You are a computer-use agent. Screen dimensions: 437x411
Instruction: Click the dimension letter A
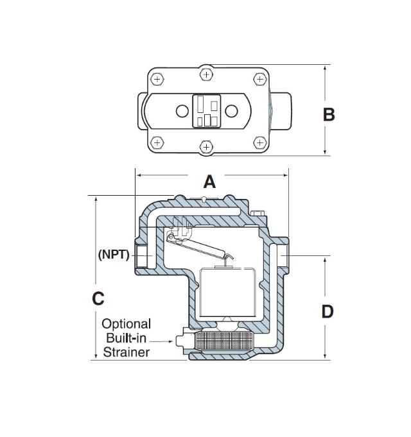coord(210,182)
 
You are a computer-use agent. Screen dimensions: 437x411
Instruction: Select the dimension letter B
coord(328,114)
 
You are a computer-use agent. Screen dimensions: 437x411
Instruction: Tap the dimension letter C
coord(98,298)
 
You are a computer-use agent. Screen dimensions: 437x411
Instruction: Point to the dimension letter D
coord(327,311)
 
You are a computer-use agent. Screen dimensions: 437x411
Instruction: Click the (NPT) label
coord(114,254)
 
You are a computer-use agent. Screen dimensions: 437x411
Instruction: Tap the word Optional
coord(126,324)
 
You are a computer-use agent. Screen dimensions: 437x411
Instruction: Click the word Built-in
coord(126,338)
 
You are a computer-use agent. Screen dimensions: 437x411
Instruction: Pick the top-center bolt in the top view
coord(206,75)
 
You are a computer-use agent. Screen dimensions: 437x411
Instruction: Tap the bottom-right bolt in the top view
coord(259,142)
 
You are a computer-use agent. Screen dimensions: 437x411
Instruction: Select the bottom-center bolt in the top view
coord(206,147)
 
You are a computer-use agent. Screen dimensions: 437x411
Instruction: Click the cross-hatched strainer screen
coord(224,339)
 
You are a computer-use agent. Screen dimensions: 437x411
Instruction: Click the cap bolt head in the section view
coord(258,214)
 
